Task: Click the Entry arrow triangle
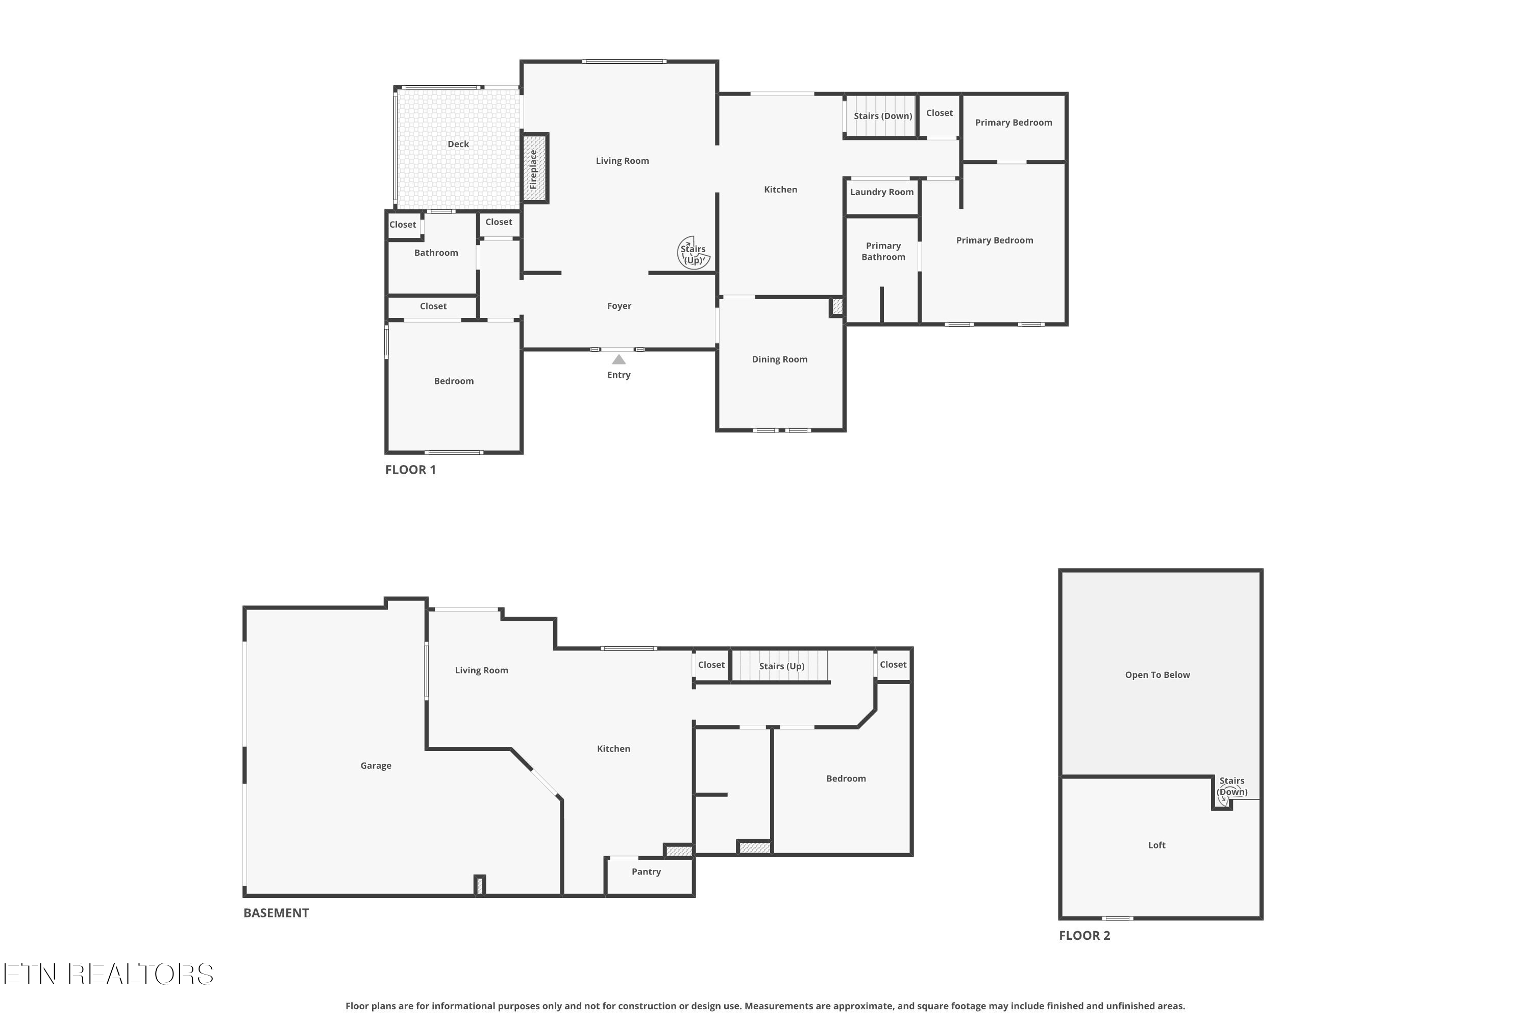click(619, 359)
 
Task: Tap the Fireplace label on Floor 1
click(533, 168)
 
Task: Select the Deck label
click(458, 144)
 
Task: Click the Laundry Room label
click(881, 192)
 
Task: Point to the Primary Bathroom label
click(883, 251)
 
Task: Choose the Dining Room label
click(779, 359)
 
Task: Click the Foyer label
click(619, 306)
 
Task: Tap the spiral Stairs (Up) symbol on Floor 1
click(693, 253)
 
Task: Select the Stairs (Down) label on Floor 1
click(883, 116)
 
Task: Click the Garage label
click(376, 766)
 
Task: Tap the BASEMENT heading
click(276, 913)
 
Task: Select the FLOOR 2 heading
click(1084, 936)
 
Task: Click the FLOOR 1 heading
click(410, 470)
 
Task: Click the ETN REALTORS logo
click(108, 974)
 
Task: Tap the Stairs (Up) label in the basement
click(781, 666)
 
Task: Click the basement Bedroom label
click(846, 779)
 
